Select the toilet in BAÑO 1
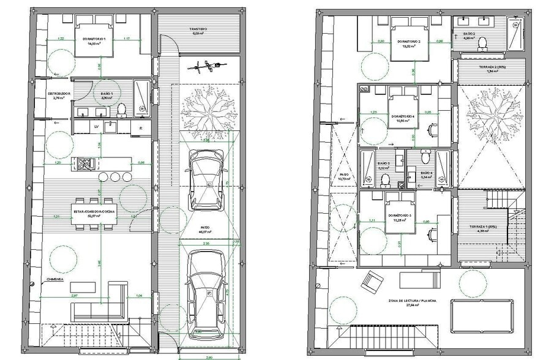pos(121,109)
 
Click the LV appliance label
pos(96,127)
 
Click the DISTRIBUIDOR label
pos(60,94)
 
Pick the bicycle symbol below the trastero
pos(203,68)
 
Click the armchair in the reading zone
pos(372,282)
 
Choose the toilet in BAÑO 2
pos(482,42)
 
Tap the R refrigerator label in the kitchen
pos(141,128)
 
